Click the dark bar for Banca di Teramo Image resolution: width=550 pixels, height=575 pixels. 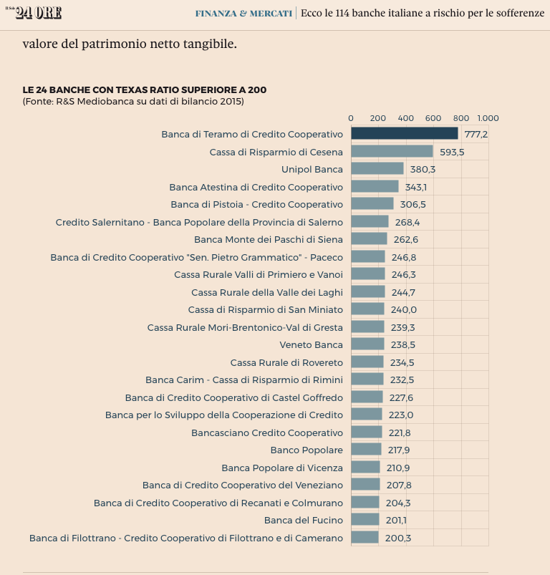404,134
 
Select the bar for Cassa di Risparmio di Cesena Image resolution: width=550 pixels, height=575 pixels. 392,152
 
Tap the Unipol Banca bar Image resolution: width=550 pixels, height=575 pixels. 377,169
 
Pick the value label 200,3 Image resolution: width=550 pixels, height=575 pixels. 397,538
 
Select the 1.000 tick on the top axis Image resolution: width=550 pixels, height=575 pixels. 488,118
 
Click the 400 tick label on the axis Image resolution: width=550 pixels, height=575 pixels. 405,118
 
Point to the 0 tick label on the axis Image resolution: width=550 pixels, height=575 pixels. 351,118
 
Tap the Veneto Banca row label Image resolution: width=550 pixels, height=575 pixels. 311,344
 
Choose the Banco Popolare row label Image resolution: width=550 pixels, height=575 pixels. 307,450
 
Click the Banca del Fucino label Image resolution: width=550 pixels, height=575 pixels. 303,520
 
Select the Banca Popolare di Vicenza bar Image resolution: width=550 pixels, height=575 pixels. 365,468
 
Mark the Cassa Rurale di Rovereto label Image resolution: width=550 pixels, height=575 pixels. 286,362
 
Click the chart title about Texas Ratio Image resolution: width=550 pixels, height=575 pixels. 145,90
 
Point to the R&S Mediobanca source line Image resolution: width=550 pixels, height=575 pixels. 133,102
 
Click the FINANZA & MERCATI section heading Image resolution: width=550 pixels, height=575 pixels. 243,13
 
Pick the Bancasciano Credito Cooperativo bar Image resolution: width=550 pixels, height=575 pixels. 366,433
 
